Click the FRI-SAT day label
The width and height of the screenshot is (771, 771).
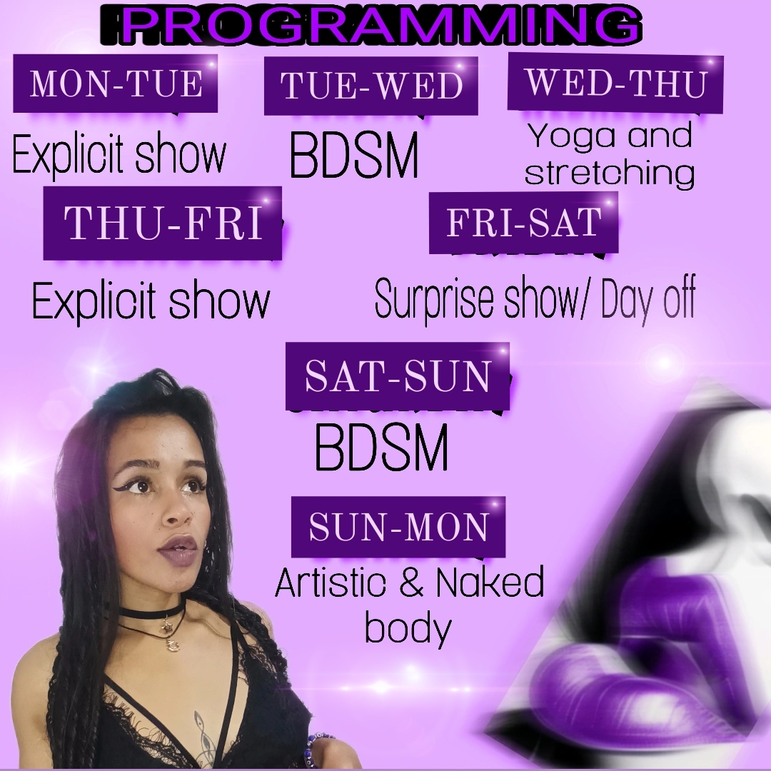click(523, 223)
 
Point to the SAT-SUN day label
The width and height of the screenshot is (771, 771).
click(398, 377)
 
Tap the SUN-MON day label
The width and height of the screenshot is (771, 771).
click(398, 527)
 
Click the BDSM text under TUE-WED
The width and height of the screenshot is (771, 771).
click(354, 155)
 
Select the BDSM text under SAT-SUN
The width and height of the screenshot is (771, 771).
click(381, 448)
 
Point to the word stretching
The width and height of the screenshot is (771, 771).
click(610, 173)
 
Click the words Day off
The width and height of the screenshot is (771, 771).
click(648, 298)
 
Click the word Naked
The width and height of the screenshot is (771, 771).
click(490, 582)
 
